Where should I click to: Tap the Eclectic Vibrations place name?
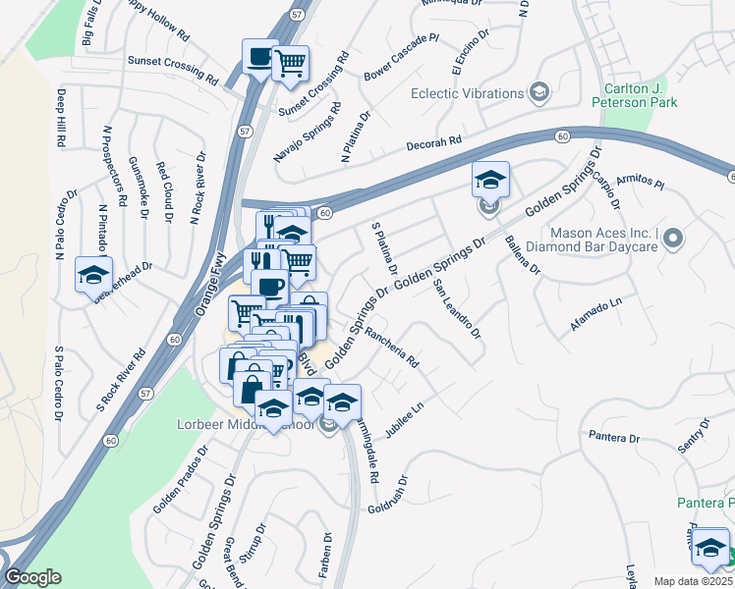point(467,93)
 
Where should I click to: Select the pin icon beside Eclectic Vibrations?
point(538,93)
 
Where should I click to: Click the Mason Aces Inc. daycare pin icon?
point(673,238)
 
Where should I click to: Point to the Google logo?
point(32,577)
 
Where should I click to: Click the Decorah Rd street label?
point(434,145)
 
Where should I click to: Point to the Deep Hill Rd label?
point(61,119)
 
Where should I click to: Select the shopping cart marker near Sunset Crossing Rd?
point(290,63)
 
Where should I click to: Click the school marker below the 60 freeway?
point(490,180)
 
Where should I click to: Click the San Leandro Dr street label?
point(456,309)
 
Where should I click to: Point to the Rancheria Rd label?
point(392,348)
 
